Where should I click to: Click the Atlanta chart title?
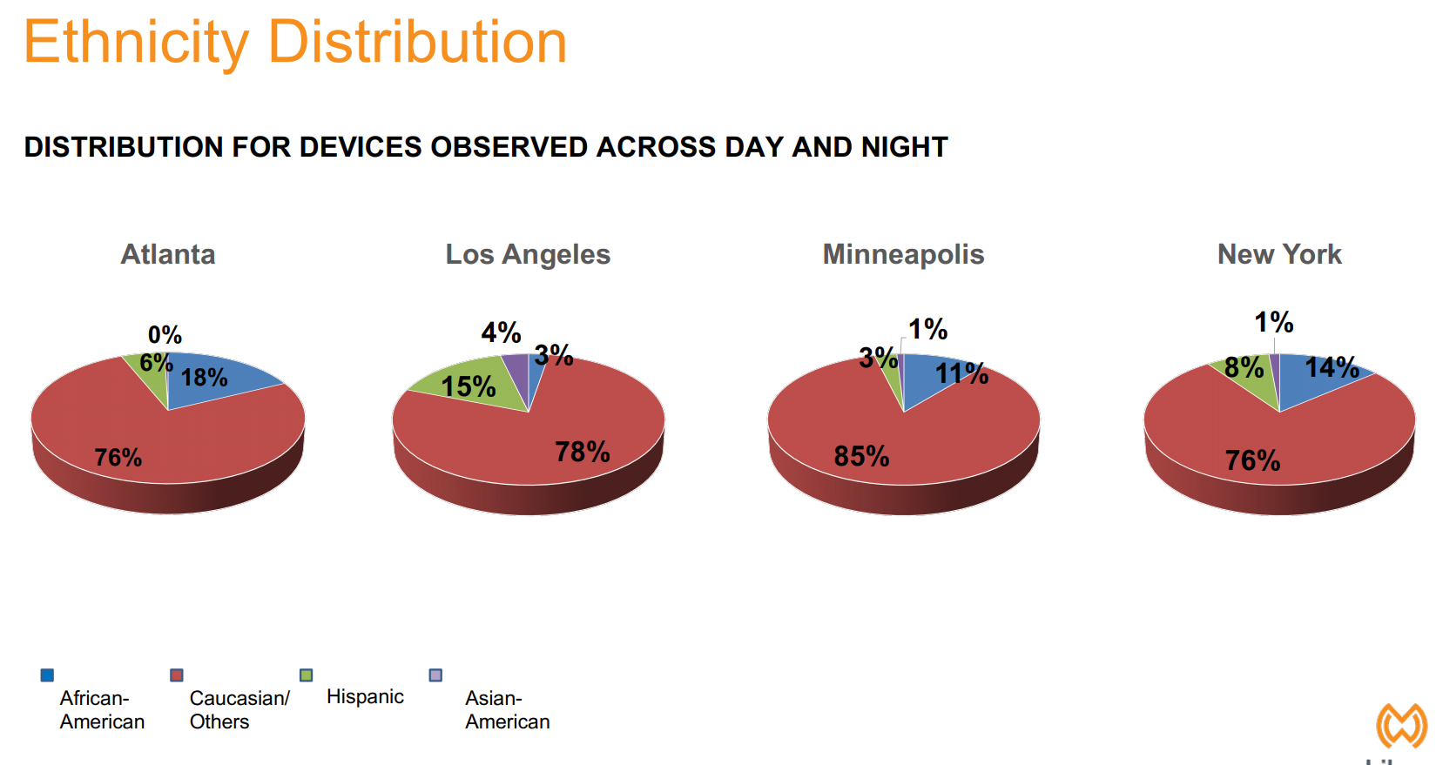(168, 254)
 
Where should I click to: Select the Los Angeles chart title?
(528, 254)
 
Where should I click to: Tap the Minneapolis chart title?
(903, 254)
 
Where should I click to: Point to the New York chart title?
(1279, 254)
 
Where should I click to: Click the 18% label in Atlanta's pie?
(205, 378)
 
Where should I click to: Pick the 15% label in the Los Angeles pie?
(469, 386)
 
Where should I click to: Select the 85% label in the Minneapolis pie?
(861, 456)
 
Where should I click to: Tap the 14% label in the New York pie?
(1332, 367)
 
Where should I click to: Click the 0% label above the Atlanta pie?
(165, 335)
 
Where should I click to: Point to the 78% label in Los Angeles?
(583, 452)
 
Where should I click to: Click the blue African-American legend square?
(47, 675)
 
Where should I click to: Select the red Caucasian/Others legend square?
(177, 675)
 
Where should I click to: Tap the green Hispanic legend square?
(307, 675)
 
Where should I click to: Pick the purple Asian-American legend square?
(436, 675)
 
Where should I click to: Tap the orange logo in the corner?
(1401, 725)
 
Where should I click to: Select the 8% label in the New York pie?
(1244, 368)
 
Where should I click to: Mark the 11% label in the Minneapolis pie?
(961, 374)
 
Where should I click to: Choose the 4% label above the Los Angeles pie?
(501, 332)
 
